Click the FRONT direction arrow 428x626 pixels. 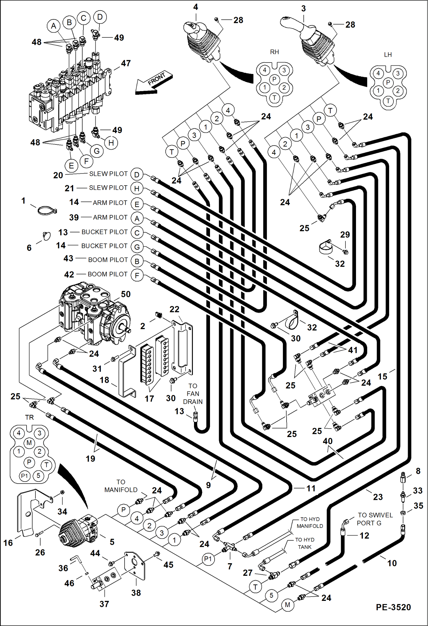154,83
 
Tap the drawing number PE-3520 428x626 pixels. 393,607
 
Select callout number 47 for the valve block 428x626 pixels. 126,63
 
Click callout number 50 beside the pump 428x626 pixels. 126,294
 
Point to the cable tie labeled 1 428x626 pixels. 47,211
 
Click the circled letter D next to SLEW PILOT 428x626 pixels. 137,175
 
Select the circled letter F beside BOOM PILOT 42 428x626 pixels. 137,275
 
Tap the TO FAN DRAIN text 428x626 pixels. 193,394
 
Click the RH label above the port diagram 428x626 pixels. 274,52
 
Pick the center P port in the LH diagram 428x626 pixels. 388,82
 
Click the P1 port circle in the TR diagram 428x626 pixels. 25,476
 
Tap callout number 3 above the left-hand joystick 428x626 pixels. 303,9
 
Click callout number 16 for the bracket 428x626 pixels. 8,543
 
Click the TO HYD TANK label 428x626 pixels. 305,543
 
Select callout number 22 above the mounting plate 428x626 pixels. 174,309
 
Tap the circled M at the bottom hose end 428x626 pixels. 287,605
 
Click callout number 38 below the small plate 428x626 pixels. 136,593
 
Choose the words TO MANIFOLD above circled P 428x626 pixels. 121,486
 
